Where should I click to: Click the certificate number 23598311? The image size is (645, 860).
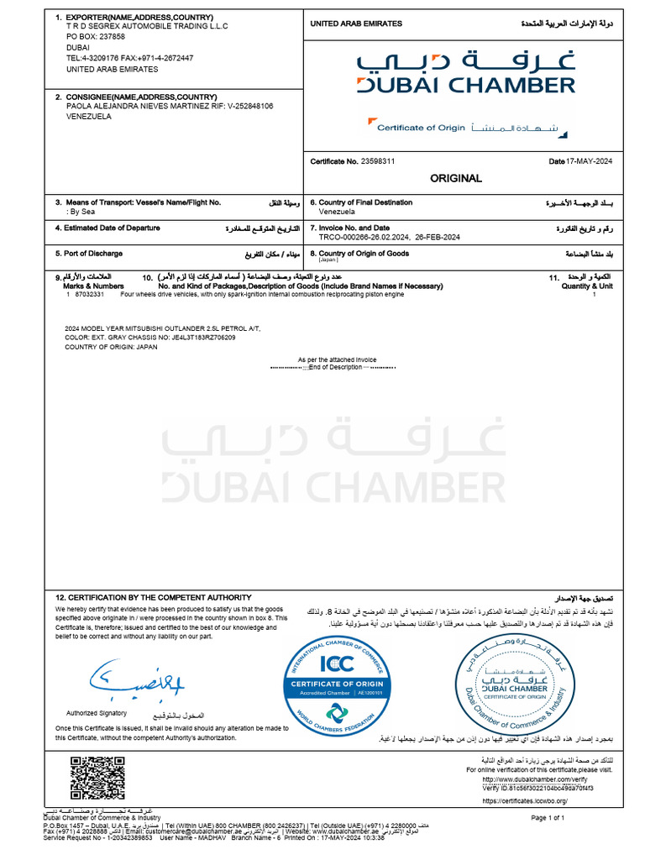tap(378, 160)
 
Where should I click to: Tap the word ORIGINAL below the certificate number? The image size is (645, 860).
tap(456, 178)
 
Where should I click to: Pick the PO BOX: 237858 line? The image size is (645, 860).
tap(96, 37)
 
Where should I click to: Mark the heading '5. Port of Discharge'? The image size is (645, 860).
tap(89, 254)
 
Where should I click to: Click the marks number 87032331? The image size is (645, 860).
tap(90, 295)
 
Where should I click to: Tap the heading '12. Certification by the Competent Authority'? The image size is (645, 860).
tap(154, 596)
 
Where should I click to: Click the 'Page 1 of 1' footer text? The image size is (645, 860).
tap(548, 817)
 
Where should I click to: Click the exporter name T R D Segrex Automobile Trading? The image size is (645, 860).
tap(147, 26)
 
